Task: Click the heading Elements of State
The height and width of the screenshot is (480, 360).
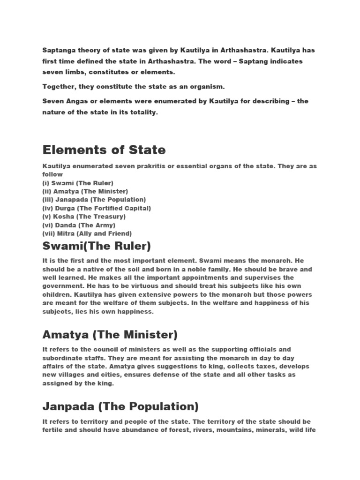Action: (104, 150)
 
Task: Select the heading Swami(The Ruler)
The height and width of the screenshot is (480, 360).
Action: (97, 246)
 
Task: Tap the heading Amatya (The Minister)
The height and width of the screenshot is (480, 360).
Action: (110, 335)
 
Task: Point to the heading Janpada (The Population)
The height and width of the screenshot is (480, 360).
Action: (120, 405)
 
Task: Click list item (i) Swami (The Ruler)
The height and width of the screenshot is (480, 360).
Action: (78, 183)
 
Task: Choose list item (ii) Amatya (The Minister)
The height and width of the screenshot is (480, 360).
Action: (85, 191)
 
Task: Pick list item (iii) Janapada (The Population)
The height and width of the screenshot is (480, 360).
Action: (94, 200)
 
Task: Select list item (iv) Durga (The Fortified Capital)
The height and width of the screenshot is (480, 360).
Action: (97, 208)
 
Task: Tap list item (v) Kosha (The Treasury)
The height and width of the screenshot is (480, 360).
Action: (84, 217)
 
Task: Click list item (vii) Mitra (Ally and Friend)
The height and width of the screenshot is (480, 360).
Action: (87, 233)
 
